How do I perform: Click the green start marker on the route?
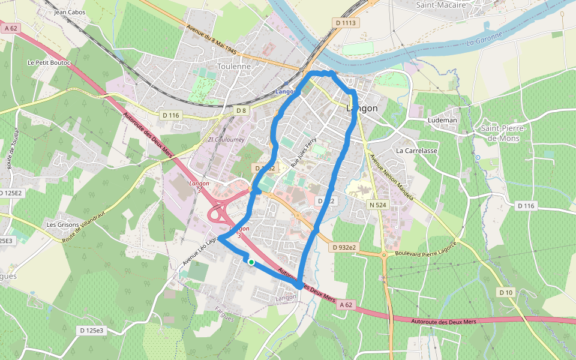tap(251, 262)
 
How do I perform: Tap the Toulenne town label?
tap(234, 67)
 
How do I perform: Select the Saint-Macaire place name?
tap(442, 5)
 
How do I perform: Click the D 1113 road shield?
tap(346, 23)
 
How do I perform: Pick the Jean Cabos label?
tap(70, 12)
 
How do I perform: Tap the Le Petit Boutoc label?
tap(49, 62)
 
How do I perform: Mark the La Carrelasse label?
tap(416, 151)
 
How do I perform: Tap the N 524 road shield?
tap(378, 205)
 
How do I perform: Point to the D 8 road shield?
tap(241, 110)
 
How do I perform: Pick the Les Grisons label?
tap(63, 225)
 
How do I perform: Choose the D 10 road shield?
tap(506, 292)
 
